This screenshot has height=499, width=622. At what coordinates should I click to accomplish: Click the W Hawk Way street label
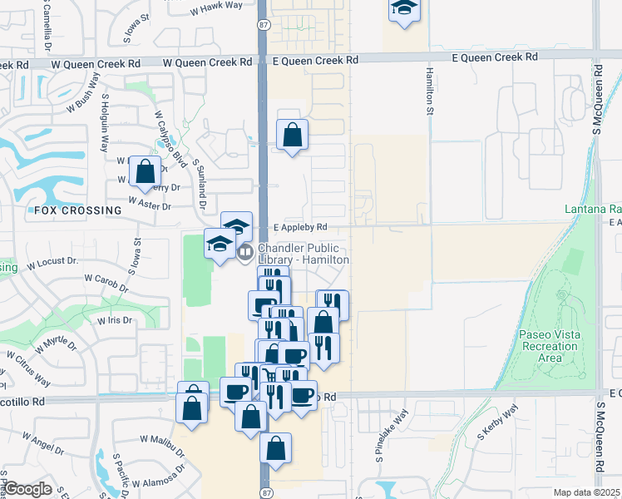(x=216, y=6)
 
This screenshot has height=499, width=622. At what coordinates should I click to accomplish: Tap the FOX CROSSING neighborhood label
(x=78, y=210)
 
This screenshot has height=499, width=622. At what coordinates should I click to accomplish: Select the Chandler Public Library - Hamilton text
(x=303, y=254)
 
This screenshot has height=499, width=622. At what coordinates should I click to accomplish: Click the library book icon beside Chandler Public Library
(x=245, y=251)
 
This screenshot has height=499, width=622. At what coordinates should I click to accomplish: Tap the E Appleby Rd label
(x=301, y=226)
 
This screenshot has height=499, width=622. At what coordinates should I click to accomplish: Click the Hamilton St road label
(x=431, y=92)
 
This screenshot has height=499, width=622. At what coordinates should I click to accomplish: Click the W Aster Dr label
(x=149, y=202)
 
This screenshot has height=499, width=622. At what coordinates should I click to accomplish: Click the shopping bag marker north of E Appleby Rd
(x=292, y=135)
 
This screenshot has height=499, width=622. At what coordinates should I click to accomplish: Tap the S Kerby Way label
(x=497, y=422)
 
